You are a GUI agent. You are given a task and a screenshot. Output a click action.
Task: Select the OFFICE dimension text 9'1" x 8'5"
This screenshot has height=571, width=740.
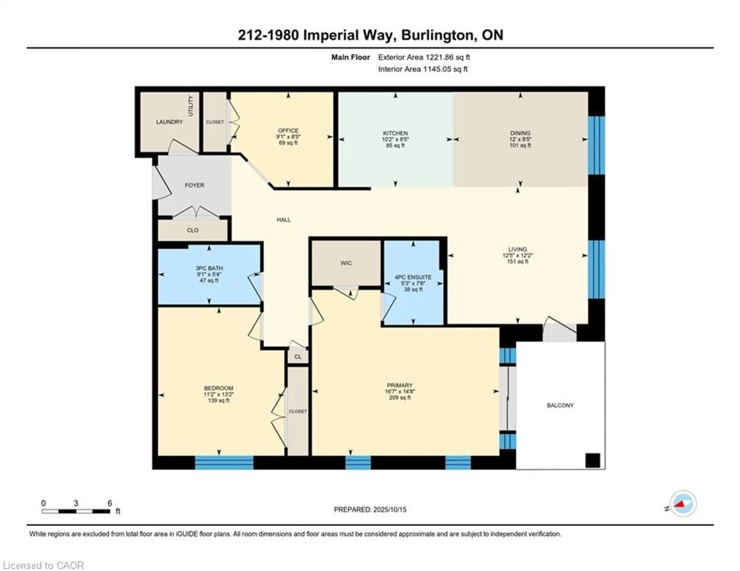[288, 137]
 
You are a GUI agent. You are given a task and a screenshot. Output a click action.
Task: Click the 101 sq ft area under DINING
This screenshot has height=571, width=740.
[520, 145]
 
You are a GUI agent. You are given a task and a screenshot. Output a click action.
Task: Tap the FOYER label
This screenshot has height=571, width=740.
[194, 185]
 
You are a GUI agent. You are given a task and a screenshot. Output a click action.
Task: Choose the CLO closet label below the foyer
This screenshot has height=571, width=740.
[193, 230]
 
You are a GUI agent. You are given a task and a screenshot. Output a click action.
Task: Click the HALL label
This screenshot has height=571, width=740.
[284, 220]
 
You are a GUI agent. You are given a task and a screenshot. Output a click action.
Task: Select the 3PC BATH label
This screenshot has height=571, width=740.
[209, 268]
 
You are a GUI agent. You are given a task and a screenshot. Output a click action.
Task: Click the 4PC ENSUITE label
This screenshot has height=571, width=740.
[413, 277]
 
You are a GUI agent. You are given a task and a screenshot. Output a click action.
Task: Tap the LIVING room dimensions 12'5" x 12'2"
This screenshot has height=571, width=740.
[517, 255]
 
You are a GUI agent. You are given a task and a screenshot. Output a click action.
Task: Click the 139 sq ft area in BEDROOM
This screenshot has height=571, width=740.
[219, 400]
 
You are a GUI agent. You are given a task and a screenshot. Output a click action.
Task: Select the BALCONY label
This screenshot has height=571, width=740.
[560, 405]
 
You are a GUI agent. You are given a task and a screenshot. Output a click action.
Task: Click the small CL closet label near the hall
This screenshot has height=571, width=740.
[298, 357]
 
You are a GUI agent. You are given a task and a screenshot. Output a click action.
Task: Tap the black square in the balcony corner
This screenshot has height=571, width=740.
[593, 461]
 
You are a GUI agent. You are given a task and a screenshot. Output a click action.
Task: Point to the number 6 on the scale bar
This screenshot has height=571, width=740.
[110, 503]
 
